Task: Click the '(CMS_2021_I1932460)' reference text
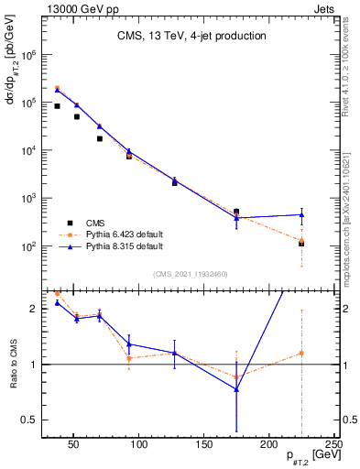[x=191, y=272]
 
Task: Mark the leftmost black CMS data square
[x=57, y=106]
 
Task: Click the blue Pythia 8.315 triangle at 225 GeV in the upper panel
[x=301, y=214]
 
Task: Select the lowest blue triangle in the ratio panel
[x=236, y=389]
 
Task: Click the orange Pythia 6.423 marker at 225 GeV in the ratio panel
[x=301, y=353]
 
